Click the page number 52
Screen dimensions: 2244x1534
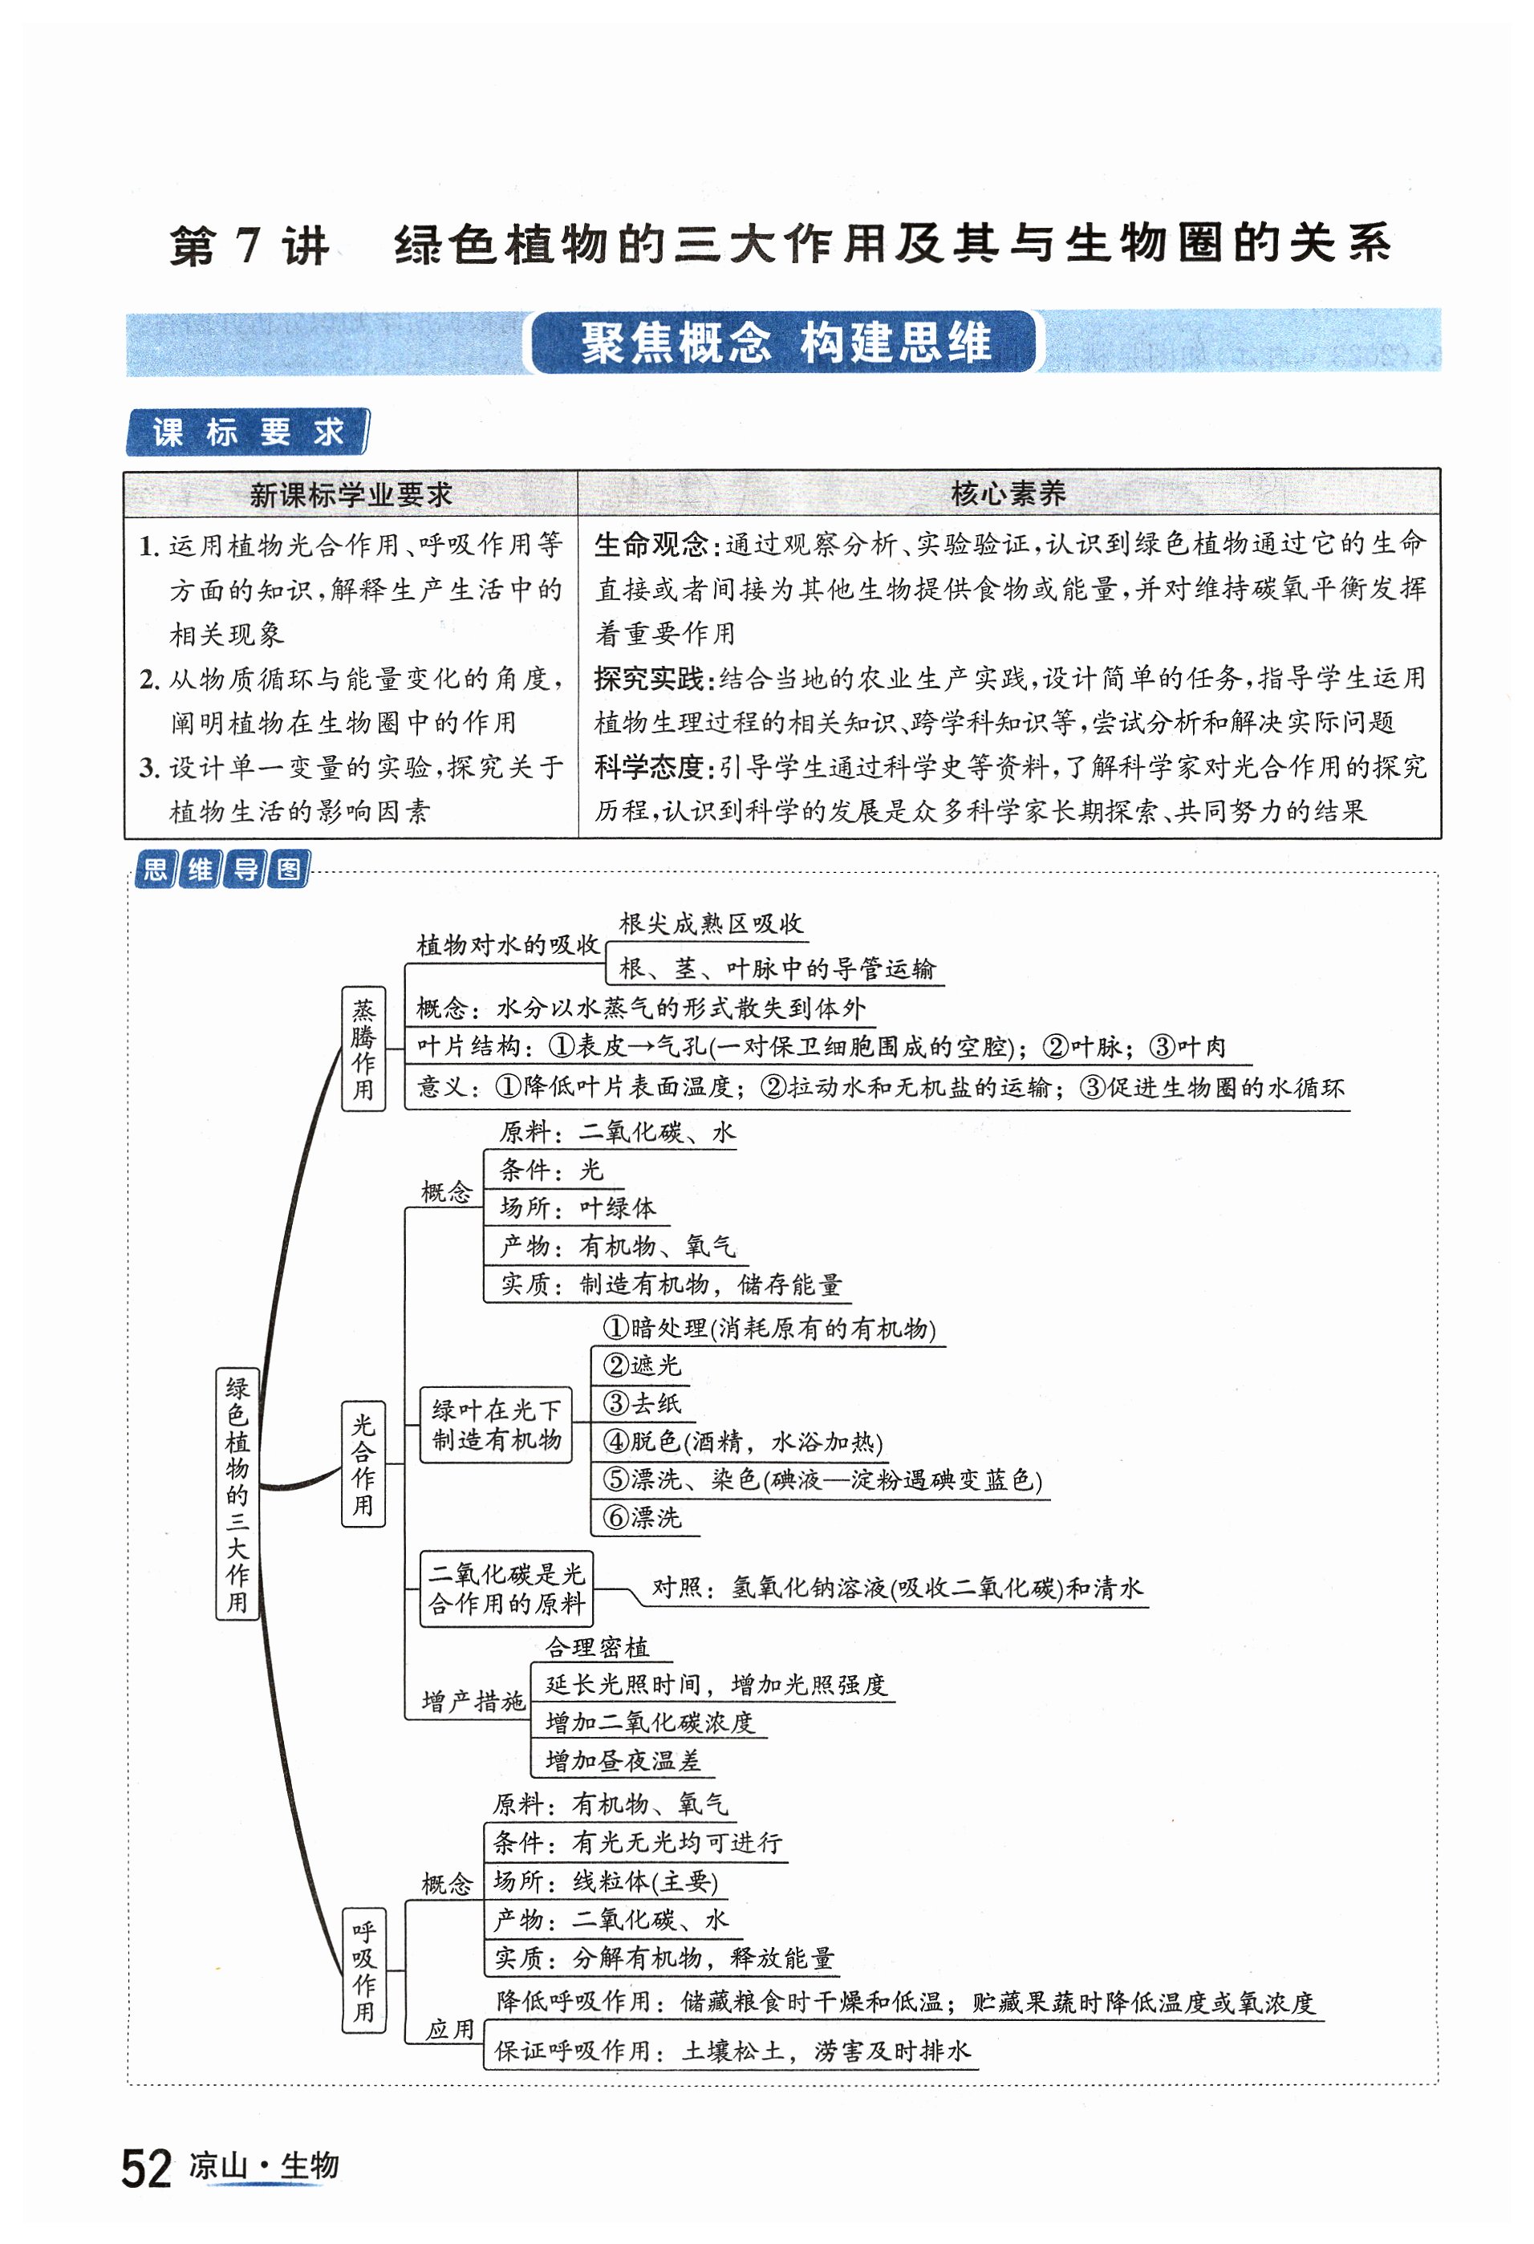click(147, 2169)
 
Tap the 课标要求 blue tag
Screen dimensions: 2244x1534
click(247, 432)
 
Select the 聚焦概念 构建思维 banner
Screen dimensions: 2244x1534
click(783, 343)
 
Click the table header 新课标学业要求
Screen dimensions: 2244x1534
click(351, 494)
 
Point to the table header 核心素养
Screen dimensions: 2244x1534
click(1007, 493)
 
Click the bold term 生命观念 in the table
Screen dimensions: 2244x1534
click(651, 545)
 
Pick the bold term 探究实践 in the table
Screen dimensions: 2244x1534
click(651, 678)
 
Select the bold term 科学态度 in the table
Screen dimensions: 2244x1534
click(651, 767)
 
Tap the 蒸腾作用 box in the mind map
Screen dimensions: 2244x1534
click(363, 1049)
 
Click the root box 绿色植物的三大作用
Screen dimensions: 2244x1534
click(237, 1494)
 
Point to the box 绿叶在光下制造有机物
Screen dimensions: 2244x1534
click(496, 1424)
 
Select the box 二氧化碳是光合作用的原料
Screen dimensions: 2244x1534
click(506, 1589)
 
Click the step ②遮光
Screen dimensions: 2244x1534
click(642, 1365)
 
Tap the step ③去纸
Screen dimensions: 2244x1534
click(642, 1402)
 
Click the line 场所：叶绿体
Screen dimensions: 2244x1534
click(578, 1207)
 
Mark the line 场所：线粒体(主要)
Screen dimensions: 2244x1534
click(605, 1881)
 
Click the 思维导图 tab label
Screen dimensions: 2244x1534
click(222, 869)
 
